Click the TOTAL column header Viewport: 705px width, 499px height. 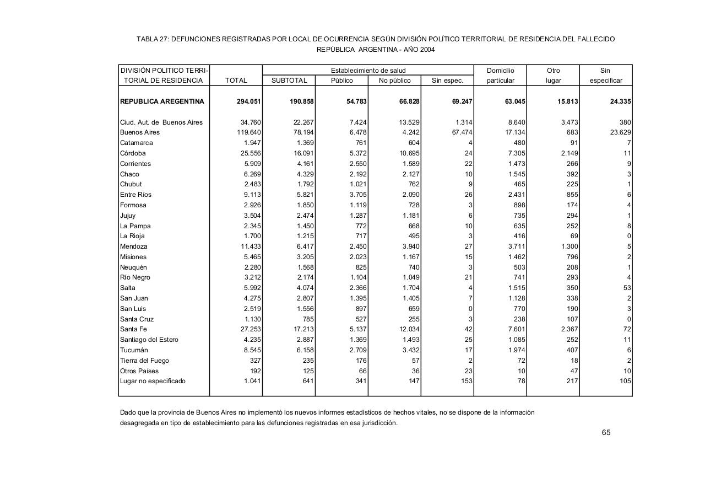[236, 81]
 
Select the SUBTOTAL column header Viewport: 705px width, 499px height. [289, 81]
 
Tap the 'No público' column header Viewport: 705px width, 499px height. [395, 81]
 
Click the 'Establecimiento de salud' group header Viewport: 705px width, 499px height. [368, 71]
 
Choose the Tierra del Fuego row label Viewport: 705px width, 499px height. [144, 361]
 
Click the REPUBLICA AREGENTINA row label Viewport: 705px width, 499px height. [162, 101]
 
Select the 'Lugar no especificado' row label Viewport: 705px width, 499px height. [153, 381]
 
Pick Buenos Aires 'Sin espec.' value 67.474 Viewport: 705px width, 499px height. [460, 132]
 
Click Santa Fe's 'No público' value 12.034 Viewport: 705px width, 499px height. [408, 329]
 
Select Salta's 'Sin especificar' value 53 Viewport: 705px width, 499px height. [627, 288]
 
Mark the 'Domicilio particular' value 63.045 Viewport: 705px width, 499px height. [513, 101]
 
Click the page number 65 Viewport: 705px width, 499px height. [606, 432]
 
